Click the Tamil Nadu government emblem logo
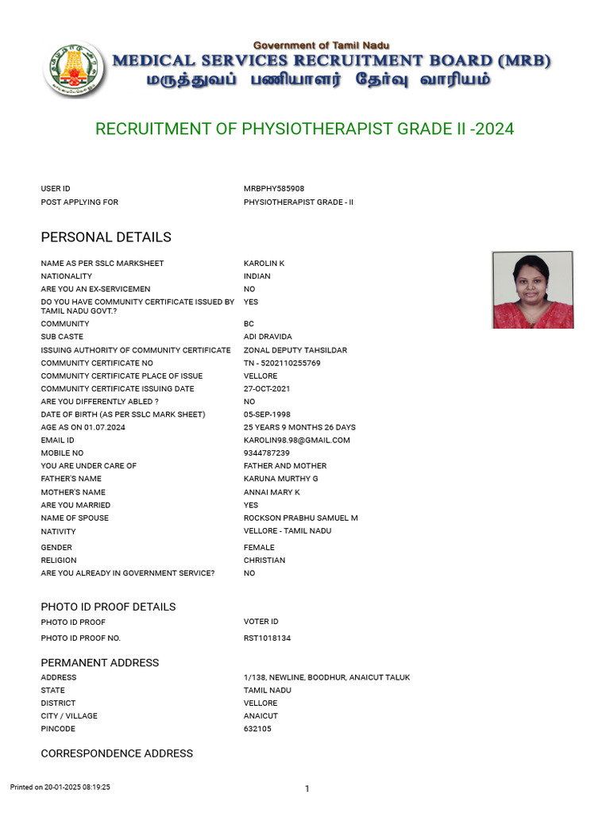coord(74,69)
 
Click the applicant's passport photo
coord(532,290)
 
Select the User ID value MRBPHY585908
coord(274,189)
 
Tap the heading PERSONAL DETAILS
coord(106,237)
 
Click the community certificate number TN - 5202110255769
coord(282,363)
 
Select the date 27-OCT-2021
coord(267,389)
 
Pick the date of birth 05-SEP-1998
coord(267,414)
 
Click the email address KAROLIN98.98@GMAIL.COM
coord(296,440)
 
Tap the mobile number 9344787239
coord(266,453)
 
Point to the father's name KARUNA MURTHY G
coord(280,479)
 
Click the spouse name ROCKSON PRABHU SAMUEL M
coord(300,518)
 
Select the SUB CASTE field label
coord(62,337)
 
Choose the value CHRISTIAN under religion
coord(264,561)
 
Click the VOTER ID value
coord(261,622)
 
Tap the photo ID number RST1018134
coord(267,638)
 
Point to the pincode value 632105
coord(257,729)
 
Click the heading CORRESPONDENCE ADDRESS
coord(117,753)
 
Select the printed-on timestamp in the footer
coord(60,787)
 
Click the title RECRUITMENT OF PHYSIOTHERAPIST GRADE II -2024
coord(305,129)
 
